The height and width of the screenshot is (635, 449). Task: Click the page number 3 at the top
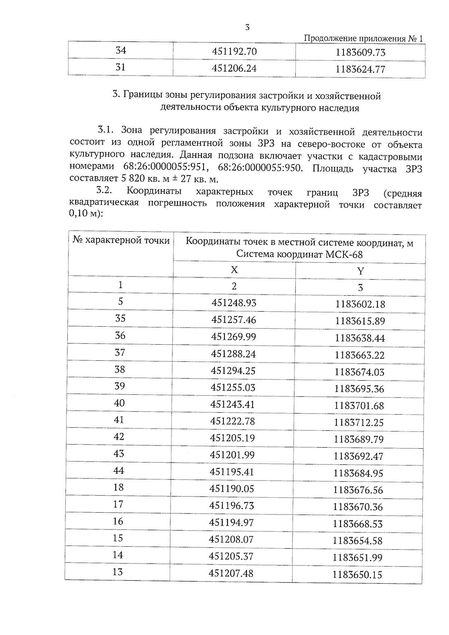[x=247, y=27]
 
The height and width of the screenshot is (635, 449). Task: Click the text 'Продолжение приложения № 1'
[x=364, y=39]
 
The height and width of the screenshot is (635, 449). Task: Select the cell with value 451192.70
[x=234, y=51]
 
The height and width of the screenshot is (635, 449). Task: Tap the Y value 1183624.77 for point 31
[x=360, y=69]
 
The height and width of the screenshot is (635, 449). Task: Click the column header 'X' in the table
[x=234, y=270]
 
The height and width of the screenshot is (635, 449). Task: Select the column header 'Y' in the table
[x=360, y=271]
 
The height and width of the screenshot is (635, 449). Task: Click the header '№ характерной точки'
[x=120, y=240]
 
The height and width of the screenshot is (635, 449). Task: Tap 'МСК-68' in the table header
[x=344, y=255]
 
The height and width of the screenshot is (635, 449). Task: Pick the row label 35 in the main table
[x=120, y=318]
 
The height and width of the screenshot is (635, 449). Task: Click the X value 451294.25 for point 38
[x=233, y=370]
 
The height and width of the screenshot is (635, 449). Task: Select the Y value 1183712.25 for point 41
[x=359, y=422]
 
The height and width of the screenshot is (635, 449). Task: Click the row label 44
[x=119, y=471]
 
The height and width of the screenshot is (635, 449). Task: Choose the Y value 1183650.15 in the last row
[x=357, y=574]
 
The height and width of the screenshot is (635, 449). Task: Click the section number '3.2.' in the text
[x=105, y=191]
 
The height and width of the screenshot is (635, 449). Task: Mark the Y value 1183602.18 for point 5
[x=360, y=304]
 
